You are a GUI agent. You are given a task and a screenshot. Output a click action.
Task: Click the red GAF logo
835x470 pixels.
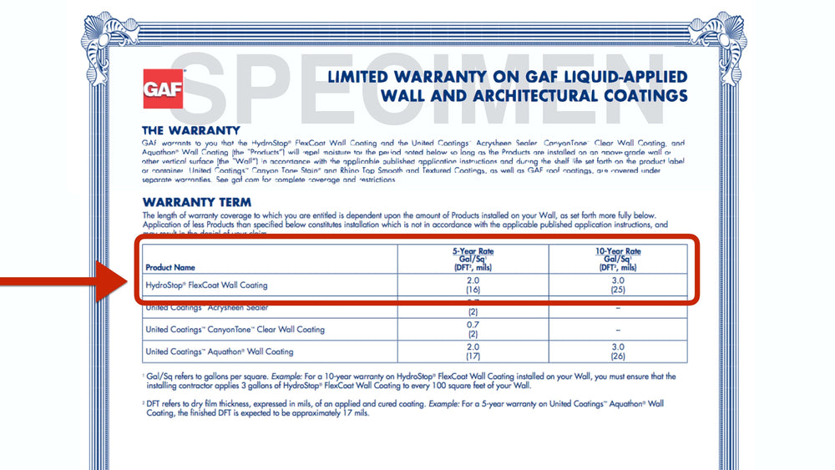click(164, 89)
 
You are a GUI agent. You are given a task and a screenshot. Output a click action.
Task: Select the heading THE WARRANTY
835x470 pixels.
click(191, 131)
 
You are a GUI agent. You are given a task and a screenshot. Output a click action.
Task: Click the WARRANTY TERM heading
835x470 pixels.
click(197, 202)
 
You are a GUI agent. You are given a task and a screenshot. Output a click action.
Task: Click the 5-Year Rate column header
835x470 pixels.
click(473, 259)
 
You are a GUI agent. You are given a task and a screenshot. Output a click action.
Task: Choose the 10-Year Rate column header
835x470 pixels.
click(619, 259)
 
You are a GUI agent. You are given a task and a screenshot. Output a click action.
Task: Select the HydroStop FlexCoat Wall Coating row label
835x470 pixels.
click(206, 286)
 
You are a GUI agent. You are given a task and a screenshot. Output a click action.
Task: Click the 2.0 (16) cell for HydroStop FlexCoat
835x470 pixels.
click(473, 286)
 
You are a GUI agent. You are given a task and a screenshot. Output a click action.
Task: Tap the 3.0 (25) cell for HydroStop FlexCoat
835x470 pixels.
click(619, 286)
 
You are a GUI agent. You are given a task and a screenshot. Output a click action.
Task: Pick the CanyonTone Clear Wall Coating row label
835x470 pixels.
click(235, 330)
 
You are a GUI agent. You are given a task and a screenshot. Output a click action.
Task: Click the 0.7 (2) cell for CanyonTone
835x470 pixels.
click(473, 330)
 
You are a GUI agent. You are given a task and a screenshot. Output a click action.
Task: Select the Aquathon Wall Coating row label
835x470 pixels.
click(220, 351)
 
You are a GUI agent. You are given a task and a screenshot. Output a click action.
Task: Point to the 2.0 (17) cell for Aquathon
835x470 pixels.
click(473, 351)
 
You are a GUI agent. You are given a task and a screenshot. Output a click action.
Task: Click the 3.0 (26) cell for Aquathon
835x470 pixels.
click(619, 351)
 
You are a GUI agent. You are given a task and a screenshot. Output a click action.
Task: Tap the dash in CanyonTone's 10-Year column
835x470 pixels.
click(619, 330)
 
